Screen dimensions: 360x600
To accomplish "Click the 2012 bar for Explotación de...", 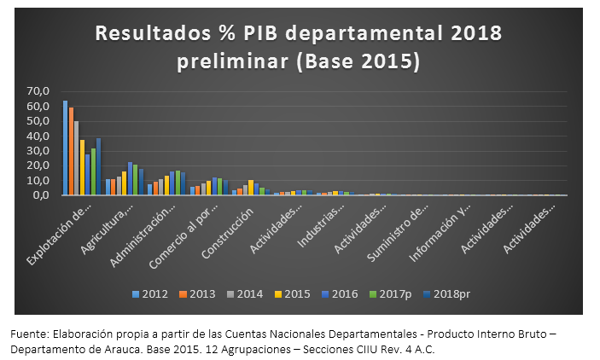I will tap(65, 148).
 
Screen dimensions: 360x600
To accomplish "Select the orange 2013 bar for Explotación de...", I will tap(71, 151).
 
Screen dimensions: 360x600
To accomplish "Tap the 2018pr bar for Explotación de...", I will tap(98, 166).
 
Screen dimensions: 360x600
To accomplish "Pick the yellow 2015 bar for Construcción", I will tap(251, 188).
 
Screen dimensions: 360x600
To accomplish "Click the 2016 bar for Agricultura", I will tap(130, 178).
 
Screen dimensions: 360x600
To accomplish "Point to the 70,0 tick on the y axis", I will tap(39, 91).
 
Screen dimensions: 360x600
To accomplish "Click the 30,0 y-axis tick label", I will tap(39, 150).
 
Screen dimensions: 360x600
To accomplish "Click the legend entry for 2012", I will tap(149, 294).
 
